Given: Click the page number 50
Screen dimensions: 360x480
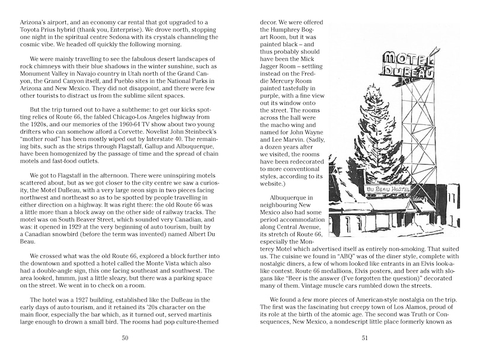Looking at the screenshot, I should [x=124, y=338].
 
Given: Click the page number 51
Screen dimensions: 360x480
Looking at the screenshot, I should [x=354, y=338].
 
